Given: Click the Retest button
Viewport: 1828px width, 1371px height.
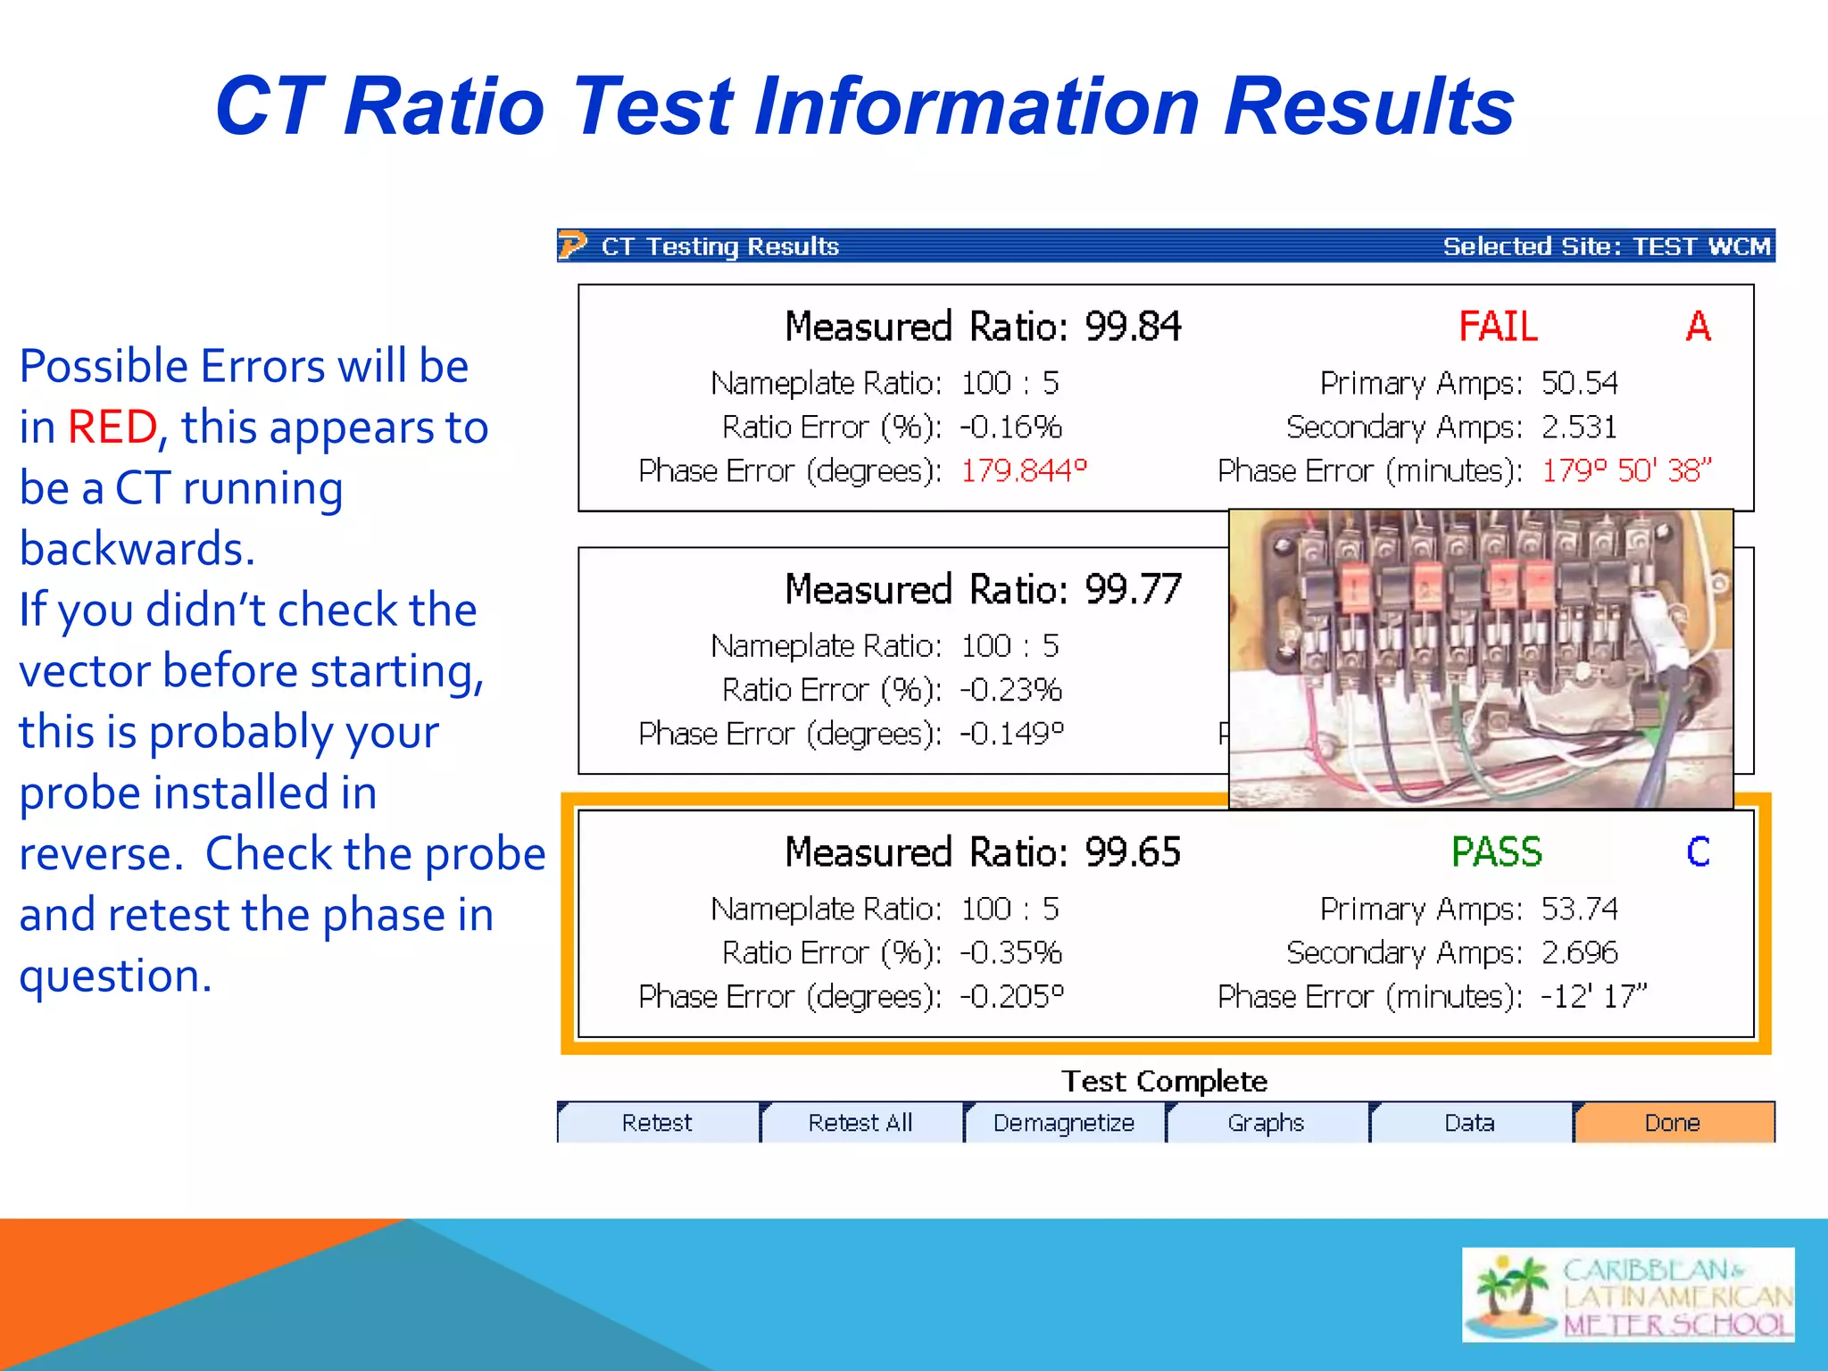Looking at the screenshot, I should click(657, 1122).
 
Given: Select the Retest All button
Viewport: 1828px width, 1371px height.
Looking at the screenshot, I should click(860, 1122).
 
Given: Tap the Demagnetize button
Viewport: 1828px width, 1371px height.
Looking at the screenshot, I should click(1064, 1122).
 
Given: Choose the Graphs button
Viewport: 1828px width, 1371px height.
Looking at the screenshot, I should click(1267, 1122).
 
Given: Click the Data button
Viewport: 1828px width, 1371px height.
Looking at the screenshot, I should click(1469, 1122).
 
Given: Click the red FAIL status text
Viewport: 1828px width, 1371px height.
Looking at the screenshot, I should click(1499, 327).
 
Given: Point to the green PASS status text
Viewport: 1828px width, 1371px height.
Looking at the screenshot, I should click(1497, 852).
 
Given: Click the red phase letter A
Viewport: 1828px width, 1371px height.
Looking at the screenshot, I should click(1698, 327).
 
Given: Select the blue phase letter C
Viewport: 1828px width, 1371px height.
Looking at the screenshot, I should click(1698, 852).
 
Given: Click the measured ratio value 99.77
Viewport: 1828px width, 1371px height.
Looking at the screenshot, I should click(1133, 589).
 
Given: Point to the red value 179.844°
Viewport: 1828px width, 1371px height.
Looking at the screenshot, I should click(1024, 470).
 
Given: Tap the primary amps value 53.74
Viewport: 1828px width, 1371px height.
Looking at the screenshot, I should click(1579, 909).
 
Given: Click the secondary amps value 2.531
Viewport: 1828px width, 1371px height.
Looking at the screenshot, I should click(1579, 427).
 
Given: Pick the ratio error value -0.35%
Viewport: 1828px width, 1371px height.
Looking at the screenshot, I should click(1011, 952).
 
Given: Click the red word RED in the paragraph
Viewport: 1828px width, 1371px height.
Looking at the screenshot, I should click(112, 427).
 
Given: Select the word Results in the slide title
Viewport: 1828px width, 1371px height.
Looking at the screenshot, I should click(1368, 107).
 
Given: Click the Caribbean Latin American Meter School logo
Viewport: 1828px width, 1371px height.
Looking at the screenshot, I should click(1628, 1295).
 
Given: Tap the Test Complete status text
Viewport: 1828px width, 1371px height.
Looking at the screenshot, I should click(1164, 1081).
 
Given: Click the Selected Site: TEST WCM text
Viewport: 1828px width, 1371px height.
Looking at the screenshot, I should click(1607, 246).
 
